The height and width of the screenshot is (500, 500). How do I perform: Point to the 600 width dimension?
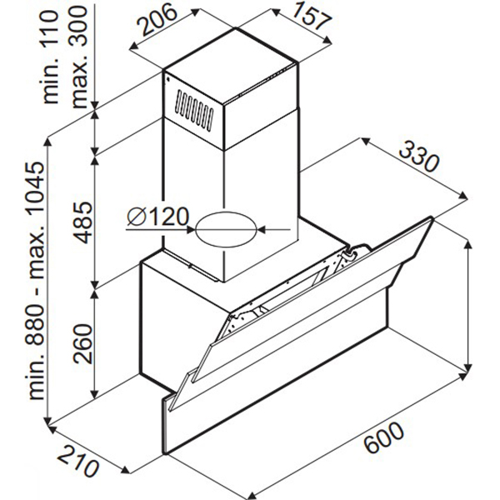(384, 437)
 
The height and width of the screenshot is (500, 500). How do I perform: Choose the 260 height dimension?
(82, 343)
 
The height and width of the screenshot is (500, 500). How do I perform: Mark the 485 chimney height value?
(82, 222)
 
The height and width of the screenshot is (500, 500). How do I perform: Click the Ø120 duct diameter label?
(157, 217)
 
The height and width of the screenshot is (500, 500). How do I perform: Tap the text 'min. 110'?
(50, 57)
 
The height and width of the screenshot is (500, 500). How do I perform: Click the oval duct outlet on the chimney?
(226, 230)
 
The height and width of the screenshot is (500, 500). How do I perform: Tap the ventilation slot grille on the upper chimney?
(193, 110)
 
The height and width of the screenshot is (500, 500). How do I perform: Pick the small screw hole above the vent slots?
(167, 79)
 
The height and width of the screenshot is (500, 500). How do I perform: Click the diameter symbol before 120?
(137, 217)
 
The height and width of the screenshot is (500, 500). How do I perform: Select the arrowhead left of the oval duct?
(191, 229)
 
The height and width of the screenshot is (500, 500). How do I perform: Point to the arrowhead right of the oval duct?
(262, 229)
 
